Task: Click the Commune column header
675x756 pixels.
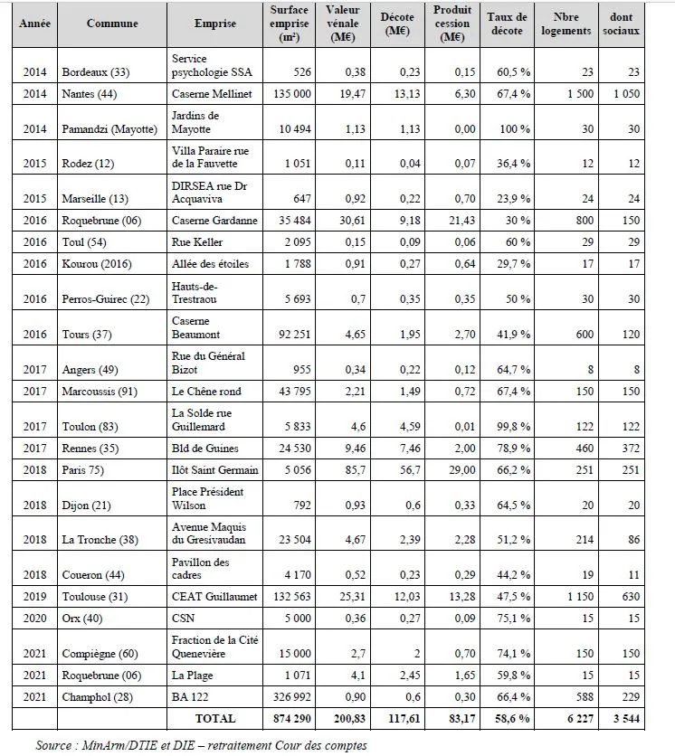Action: click(112, 24)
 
